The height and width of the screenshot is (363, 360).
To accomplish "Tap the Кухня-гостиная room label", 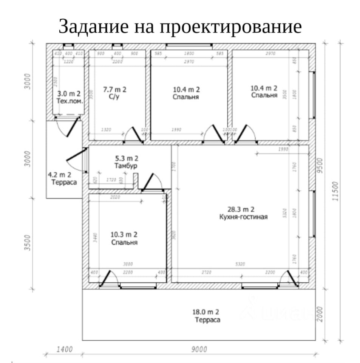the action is click(x=243, y=217).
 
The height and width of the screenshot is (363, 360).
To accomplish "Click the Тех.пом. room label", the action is click(x=70, y=101).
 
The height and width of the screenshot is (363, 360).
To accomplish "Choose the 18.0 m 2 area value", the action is click(x=206, y=312).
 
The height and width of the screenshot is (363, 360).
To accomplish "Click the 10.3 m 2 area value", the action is click(x=124, y=234).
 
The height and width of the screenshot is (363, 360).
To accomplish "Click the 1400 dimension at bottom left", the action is click(x=64, y=349).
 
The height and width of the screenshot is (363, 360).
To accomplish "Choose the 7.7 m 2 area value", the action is click(x=114, y=90).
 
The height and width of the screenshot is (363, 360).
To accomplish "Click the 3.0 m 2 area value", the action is click(x=69, y=94).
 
